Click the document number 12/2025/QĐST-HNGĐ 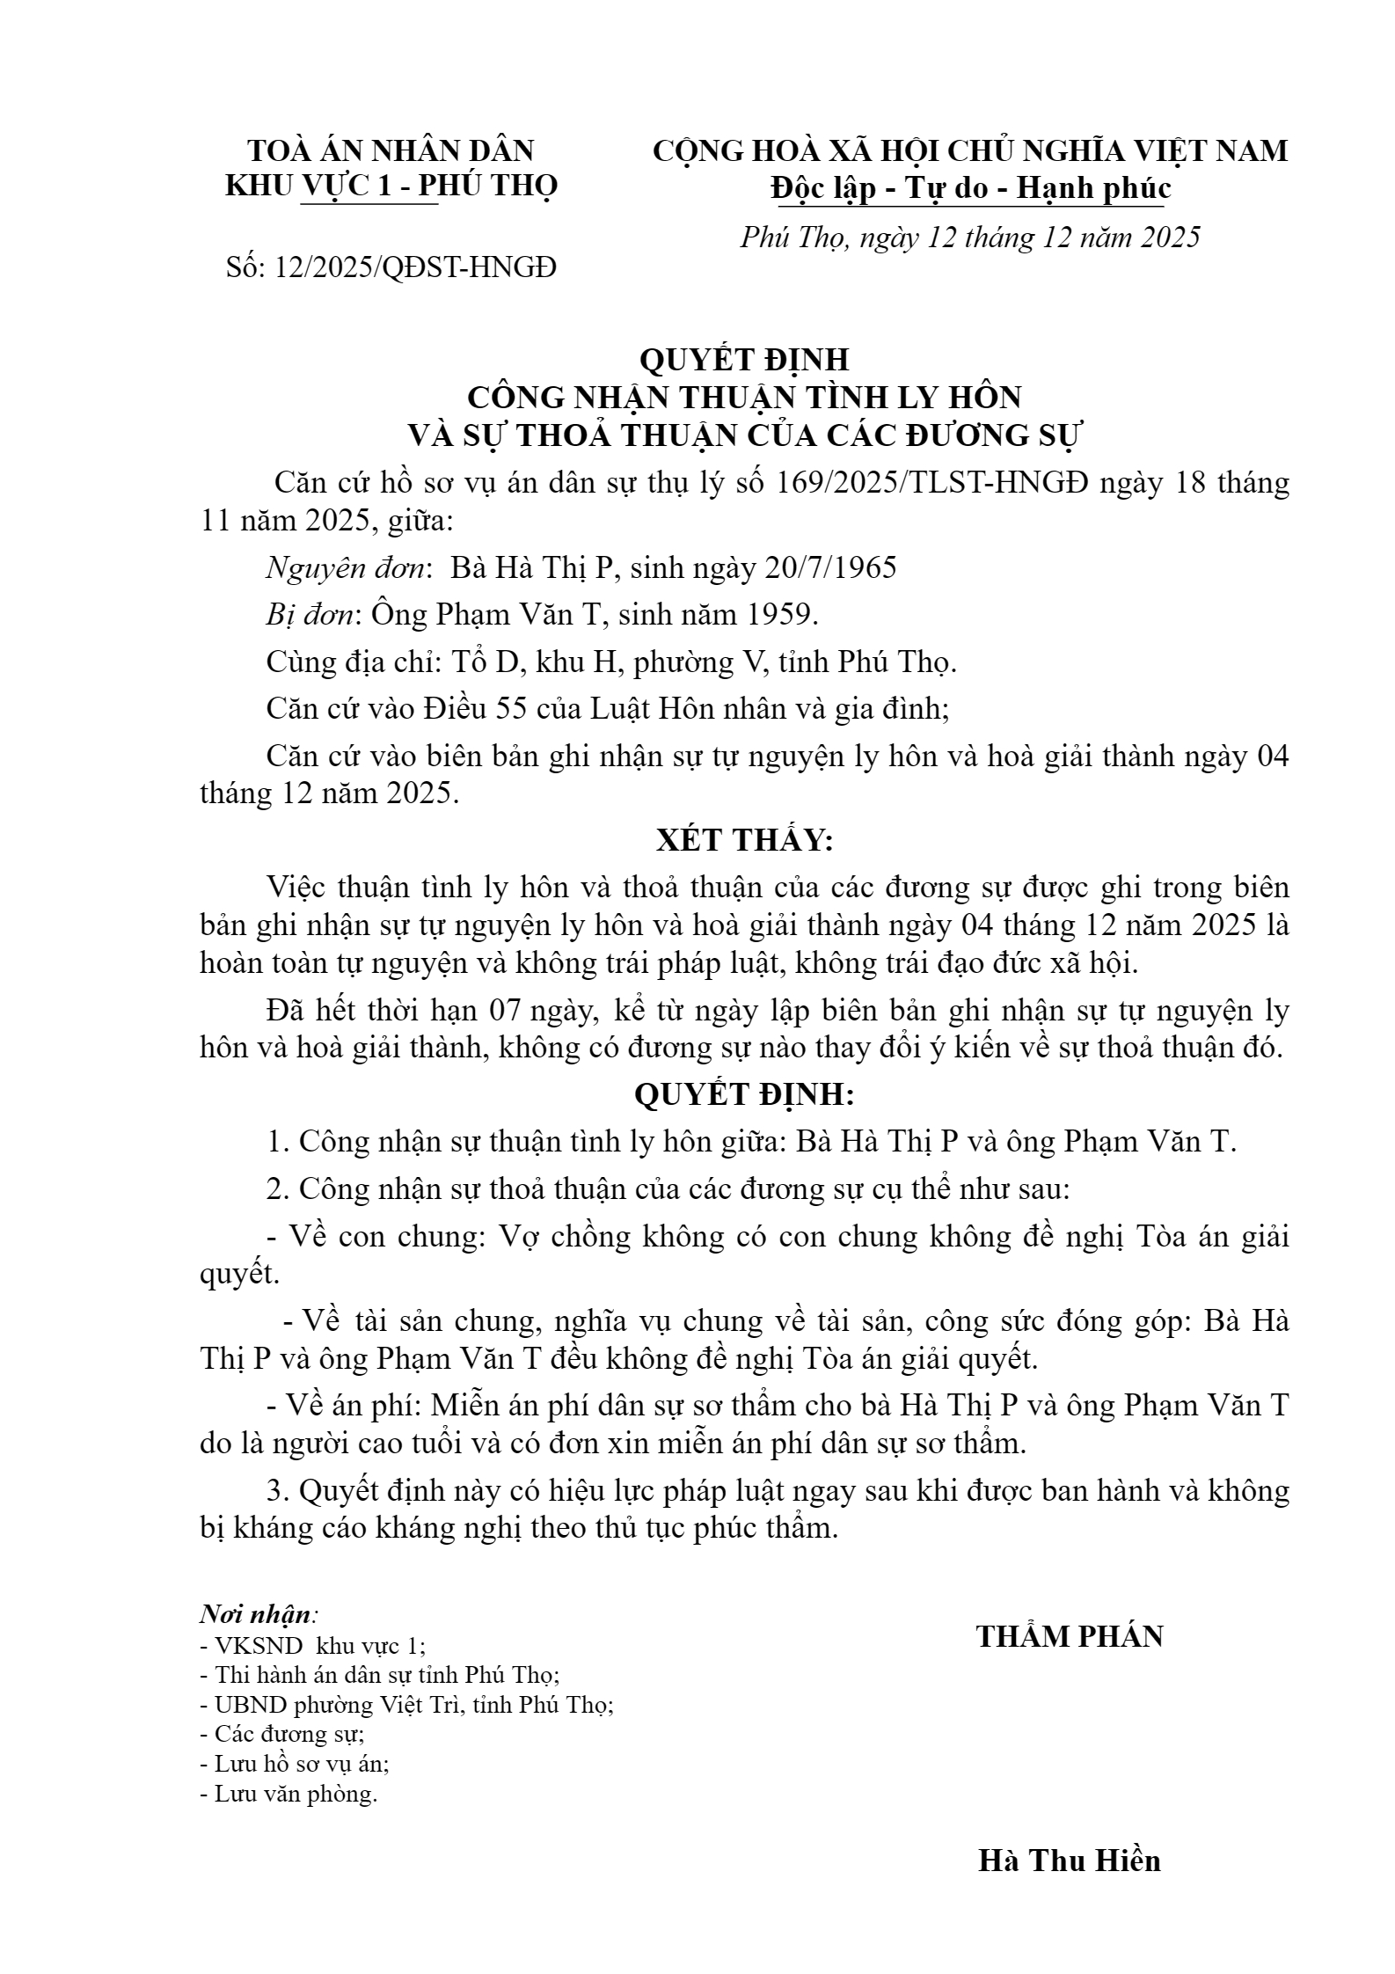point(415,267)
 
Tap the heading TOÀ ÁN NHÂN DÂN point(391,151)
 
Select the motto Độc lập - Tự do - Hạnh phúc point(970,188)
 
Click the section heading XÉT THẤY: point(744,841)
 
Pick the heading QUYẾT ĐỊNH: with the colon point(744,1095)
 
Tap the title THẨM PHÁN point(1070,1636)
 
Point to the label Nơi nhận point(256,1614)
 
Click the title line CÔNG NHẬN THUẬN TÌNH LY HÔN point(744,398)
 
